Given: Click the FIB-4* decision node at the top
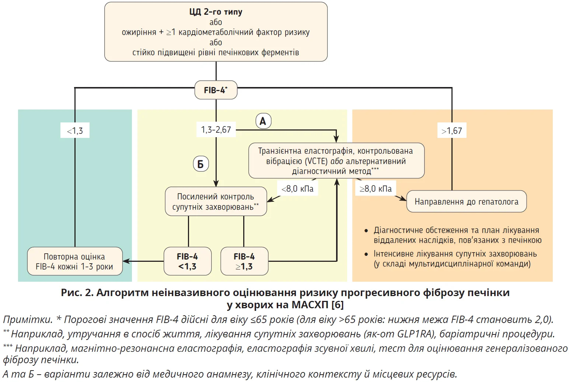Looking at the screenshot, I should (x=216, y=90).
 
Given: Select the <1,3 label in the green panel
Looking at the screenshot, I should (x=75, y=131).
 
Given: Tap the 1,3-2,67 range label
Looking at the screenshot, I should (x=216, y=130).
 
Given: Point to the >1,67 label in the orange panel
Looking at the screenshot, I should (x=452, y=131).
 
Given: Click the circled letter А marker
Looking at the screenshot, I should (x=263, y=121).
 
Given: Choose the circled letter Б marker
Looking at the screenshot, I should (x=201, y=164).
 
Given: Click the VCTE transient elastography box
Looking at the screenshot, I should (x=336, y=161).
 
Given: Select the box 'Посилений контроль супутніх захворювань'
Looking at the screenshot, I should (x=216, y=201).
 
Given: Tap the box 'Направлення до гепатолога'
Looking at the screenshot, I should (x=466, y=202).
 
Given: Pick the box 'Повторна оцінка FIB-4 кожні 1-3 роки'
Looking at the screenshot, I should (x=74, y=261).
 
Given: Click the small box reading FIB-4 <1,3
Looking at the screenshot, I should (x=188, y=261).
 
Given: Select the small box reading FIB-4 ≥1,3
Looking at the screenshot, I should (x=244, y=261).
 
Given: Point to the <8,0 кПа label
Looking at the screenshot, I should (x=297, y=189).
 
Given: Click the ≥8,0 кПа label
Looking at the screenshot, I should (x=376, y=189).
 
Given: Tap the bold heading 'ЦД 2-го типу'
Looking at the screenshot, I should (x=216, y=12).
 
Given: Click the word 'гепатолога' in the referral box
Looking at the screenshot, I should (x=498, y=202).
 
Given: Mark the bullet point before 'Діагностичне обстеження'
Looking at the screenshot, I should (x=366, y=231).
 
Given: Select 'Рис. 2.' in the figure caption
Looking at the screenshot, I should (x=77, y=293).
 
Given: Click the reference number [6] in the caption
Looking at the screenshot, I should (x=338, y=305).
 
